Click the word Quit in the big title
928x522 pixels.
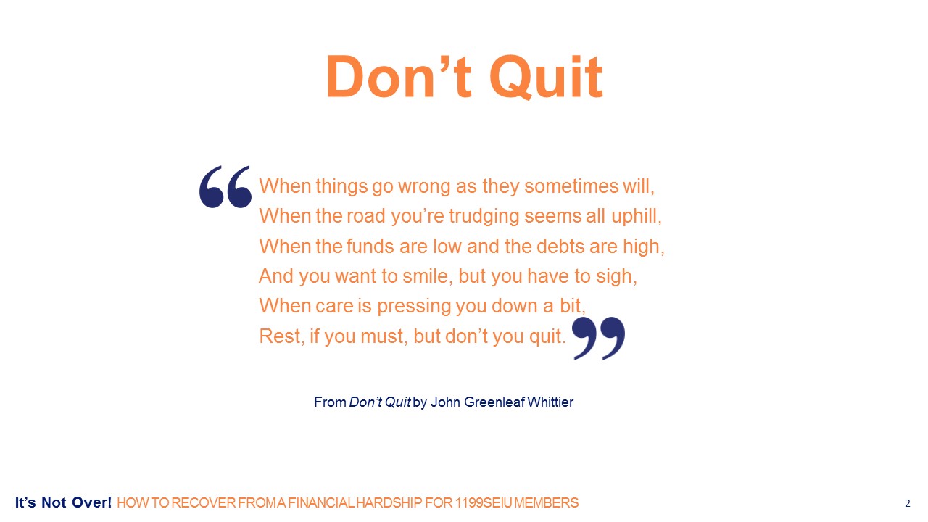click(x=546, y=78)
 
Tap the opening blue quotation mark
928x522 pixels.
click(x=225, y=187)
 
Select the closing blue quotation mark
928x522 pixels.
click(x=598, y=338)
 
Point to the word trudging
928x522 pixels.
click(x=484, y=216)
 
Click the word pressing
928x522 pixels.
click(x=414, y=307)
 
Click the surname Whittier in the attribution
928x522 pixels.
click(x=550, y=402)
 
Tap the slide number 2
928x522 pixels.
click(x=907, y=503)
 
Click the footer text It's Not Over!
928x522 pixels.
click(x=63, y=502)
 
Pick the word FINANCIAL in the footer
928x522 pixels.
click(x=321, y=503)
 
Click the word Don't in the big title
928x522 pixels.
click(x=399, y=78)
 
